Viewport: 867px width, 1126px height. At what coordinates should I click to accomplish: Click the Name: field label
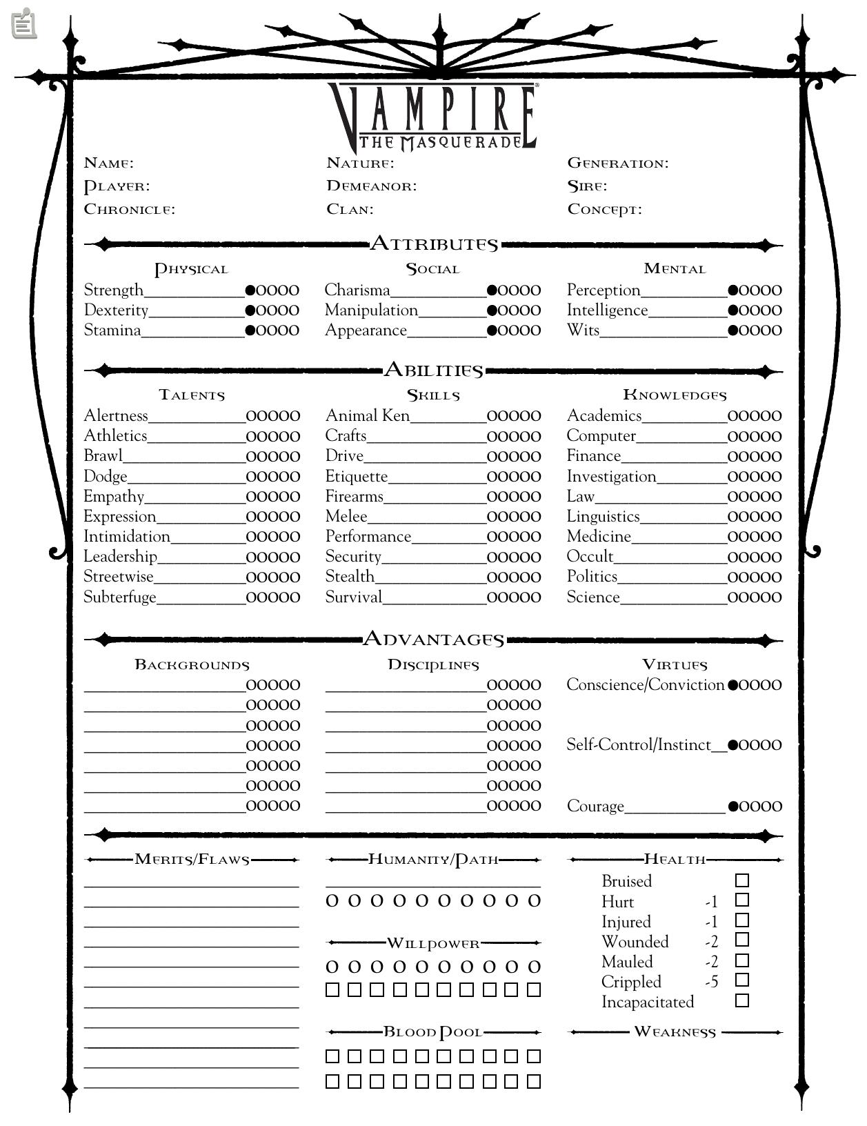[x=108, y=164]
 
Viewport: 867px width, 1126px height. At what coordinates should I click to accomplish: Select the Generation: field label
[x=617, y=164]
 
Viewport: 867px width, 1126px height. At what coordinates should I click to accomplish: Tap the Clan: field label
[x=350, y=209]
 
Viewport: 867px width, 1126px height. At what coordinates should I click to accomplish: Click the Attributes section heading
[x=434, y=244]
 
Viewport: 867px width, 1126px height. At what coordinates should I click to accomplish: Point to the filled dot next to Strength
[x=250, y=290]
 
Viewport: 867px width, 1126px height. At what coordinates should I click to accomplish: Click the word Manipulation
[x=371, y=310]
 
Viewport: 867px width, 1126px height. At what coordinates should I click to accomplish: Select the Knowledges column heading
[x=675, y=395]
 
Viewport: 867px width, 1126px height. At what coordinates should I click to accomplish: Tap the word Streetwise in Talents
[x=118, y=577]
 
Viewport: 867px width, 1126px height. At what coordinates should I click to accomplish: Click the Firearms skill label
[x=354, y=497]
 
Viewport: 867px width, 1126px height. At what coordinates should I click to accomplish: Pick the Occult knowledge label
[x=590, y=557]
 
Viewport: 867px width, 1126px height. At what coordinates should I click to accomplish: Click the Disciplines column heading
[x=433, y=665]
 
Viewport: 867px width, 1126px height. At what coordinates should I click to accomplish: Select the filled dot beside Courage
[x=733, y=807]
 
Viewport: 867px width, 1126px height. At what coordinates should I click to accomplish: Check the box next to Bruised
[x=742, y=880]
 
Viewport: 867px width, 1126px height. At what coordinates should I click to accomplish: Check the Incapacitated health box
[x=742, y=1000]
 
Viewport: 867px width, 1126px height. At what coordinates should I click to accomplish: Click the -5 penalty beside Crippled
[x=712, y=982]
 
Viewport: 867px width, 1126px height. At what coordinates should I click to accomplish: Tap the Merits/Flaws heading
[x=192, y=860]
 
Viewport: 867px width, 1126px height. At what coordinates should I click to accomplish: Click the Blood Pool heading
[x=433, y=1032]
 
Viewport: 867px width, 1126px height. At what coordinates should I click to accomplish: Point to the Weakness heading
[x=675, y=1032]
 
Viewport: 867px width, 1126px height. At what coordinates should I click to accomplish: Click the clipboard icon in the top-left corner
[x=24, y=23]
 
